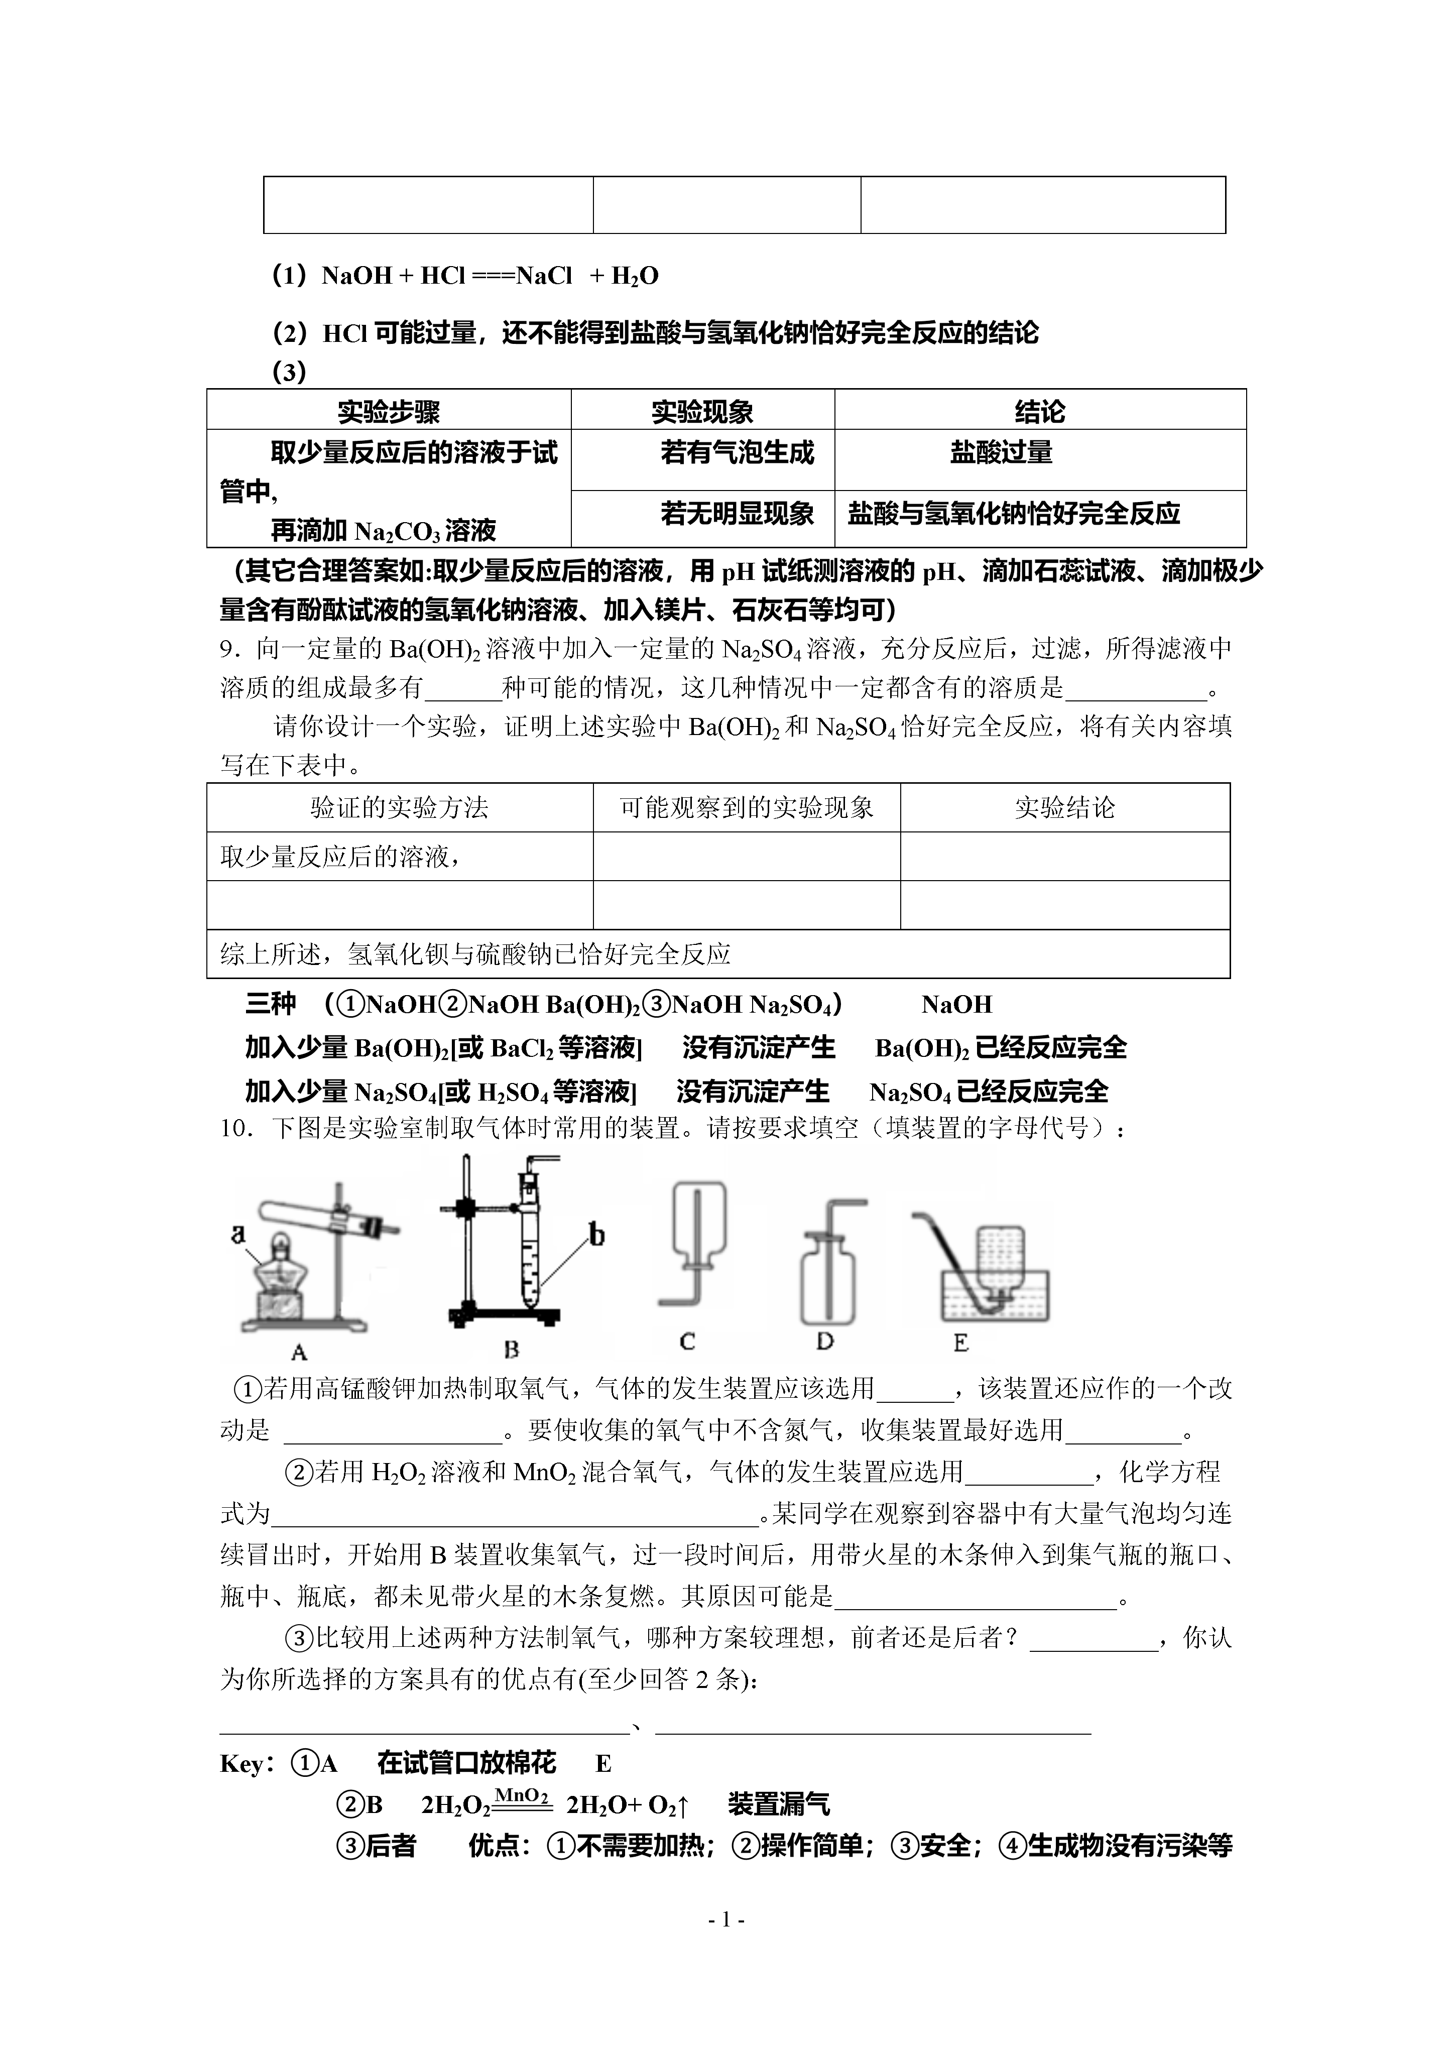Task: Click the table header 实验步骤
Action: click(389, 412)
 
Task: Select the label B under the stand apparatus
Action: click(511, 1349)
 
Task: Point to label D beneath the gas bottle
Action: click(824, 1341)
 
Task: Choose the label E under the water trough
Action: click(960, 1343)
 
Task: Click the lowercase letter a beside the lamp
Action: click(238, 1234)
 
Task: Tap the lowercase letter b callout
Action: click(596, 1236)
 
